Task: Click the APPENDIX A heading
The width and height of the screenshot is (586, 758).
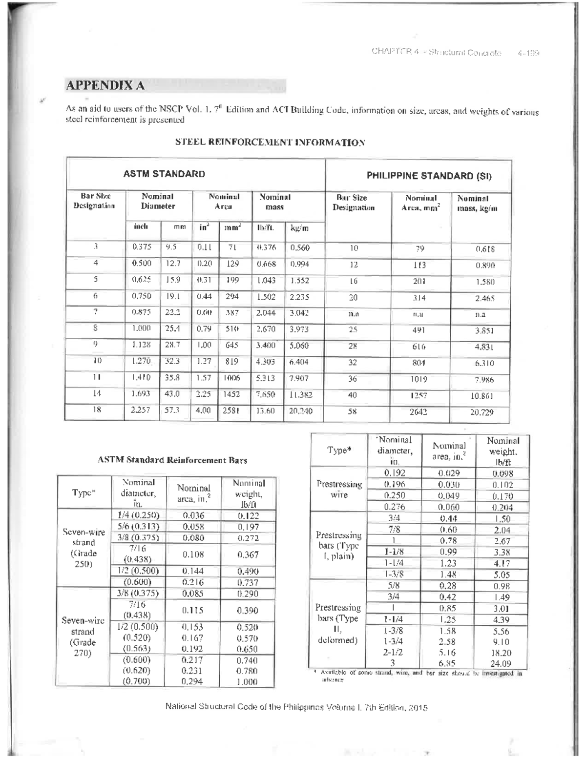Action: tap(105, 85)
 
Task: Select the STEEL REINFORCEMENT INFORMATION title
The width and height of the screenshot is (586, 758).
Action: tap(270, 143)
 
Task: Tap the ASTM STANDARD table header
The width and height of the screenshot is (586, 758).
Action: tap(164, 174)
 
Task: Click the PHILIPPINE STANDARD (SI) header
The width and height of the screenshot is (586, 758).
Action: tap(429, 176)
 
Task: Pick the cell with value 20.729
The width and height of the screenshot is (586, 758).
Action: tap(481, 412)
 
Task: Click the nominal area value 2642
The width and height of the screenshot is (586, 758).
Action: tap(419, 412)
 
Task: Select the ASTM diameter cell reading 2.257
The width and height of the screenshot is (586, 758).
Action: tap(141, 410)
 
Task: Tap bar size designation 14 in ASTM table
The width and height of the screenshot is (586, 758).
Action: tap(97, 393)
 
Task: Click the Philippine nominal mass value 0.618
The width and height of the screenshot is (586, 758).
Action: tap(485, 249)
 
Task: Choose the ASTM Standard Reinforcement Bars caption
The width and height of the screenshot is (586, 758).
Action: tap(172, 460)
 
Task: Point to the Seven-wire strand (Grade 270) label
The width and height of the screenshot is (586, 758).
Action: tap(83, 636)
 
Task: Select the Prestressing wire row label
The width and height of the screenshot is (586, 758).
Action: tap(339, 489)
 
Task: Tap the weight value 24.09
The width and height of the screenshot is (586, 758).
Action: tap(501, 663)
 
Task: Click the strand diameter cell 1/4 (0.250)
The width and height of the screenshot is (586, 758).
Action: tap(138, 515)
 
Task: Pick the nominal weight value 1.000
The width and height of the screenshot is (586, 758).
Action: tap(247, 682)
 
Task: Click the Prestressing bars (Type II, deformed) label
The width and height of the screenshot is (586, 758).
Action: tap(337, 624)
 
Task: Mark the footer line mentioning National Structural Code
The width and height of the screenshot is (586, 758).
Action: tap(296, 707)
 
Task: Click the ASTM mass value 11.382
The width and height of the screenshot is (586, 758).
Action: tap(300, 394)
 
